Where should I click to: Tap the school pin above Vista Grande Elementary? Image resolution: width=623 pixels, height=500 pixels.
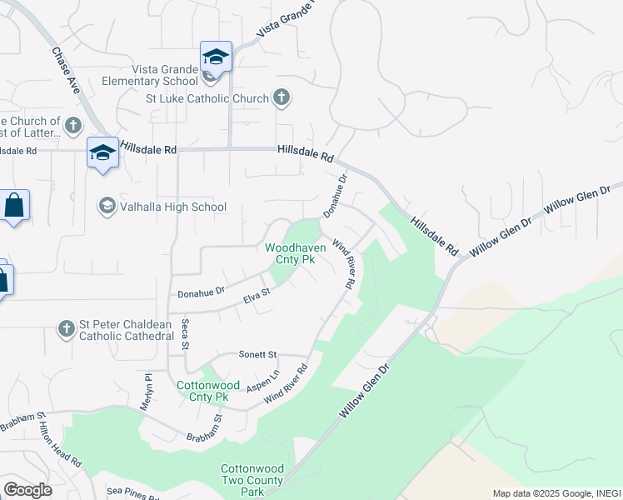[x=216, y=57]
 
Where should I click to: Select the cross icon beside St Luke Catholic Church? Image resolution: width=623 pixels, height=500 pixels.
[x=282, y=98]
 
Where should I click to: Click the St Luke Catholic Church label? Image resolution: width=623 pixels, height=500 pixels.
[x=207, y=98]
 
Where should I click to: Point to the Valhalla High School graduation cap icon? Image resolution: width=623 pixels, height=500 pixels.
[x=107, y=206]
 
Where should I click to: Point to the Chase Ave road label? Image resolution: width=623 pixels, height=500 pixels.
[x=66, y=69]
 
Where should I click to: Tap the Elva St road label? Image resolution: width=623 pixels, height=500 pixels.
[x=256, y=293]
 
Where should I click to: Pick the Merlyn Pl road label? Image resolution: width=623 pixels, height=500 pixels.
[x=149, y=388]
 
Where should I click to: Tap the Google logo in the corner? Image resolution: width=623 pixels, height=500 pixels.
[x=27, y=490]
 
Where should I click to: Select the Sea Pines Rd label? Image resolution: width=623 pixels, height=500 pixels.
[x=132, y=495]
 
